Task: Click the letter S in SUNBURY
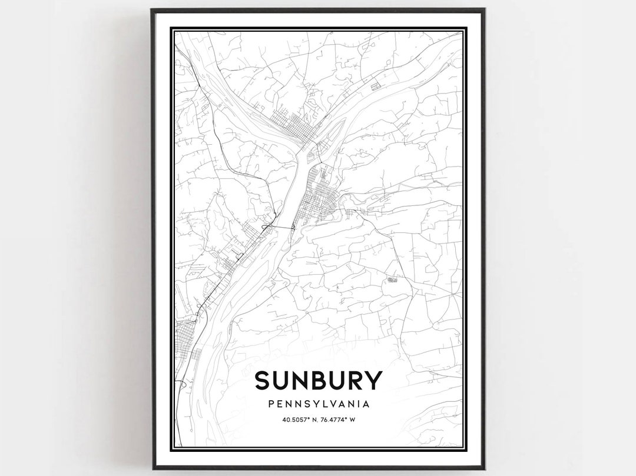[x=263, y=381]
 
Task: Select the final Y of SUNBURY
[x=373, y=381]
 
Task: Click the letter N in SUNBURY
[x=300, y=381]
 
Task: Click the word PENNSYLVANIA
[x=318, y=404]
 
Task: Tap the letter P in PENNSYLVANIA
[x=270, y=404]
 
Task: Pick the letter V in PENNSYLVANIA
[x=333, y=404]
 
